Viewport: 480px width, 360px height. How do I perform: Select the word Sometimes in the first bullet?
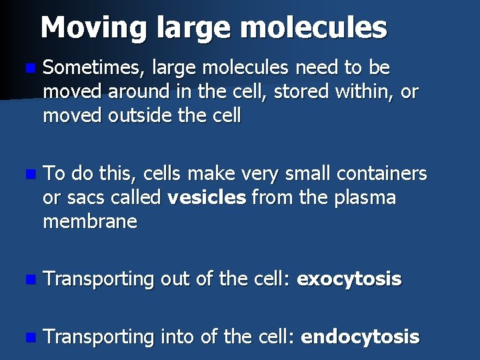click(93, 68)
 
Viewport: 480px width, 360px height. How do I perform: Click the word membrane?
click(90, 222)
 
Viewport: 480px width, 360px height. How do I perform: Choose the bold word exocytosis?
click(349, 279)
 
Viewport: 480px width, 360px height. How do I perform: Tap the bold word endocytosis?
click(360, 337)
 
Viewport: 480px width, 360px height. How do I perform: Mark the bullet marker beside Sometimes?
click(27, 69)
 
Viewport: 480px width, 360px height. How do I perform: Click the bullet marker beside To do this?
click(27, 175)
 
